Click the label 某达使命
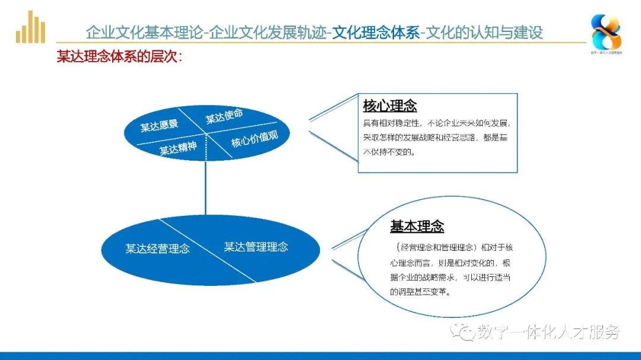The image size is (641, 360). click(224, 116)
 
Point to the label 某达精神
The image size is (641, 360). click(177, 148)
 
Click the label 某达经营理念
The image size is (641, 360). click(157, 249)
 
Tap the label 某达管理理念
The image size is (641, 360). click(256, 246)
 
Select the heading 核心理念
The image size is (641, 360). click(389, 106)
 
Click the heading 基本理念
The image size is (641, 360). click(417, 227)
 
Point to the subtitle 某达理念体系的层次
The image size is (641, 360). click(119, 57)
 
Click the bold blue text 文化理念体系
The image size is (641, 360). click(376, 32)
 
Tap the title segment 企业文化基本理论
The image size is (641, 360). click(144, 32)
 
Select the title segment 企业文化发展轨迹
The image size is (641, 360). click(267, 32)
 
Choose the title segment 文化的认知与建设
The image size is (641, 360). click(485, 32)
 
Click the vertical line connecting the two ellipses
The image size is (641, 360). click(205, 190)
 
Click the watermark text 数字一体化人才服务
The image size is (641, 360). click(547, 332)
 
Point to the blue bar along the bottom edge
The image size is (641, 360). click(320, 356)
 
